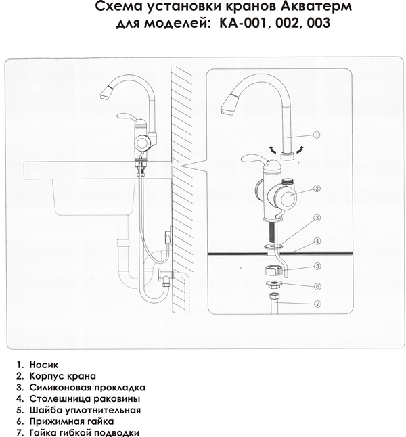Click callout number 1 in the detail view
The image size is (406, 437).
[316, 135]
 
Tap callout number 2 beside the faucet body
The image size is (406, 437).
[317, 189]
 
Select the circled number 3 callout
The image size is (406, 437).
[317, 218]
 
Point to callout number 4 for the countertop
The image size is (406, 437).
[317, 241]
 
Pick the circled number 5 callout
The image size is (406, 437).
[317, 266]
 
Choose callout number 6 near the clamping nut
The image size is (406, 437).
[317, 286]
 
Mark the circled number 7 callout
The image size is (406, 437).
[317, 304]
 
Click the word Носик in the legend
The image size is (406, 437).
[44, 365]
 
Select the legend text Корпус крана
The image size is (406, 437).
[63, 376]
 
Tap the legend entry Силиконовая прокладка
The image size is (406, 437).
[87, 388]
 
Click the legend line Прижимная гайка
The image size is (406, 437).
[72, 421]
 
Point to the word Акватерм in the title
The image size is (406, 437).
[315, 6]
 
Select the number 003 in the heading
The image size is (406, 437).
[319, 23]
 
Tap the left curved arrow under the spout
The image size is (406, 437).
[273, 149]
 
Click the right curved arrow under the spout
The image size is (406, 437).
[300, 149]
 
